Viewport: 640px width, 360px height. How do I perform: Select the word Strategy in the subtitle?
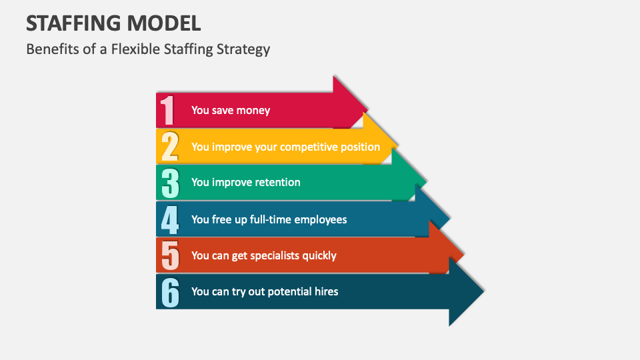click(243, 49)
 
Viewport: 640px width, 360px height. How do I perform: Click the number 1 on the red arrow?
click(167, 110)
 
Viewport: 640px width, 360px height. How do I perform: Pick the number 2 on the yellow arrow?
click(169, 147)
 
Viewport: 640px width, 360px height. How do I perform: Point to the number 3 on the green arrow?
click(170, 183)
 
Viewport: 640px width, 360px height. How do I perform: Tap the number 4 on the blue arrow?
click(170, 219)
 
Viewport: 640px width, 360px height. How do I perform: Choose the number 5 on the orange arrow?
click(170, 255)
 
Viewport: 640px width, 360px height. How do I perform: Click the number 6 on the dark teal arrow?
click(170, 292)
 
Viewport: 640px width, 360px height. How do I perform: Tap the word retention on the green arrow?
click(275, 183)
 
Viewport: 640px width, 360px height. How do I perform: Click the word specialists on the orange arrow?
click(276, 255)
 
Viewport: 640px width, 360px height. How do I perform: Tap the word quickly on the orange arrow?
click(321, 255)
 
